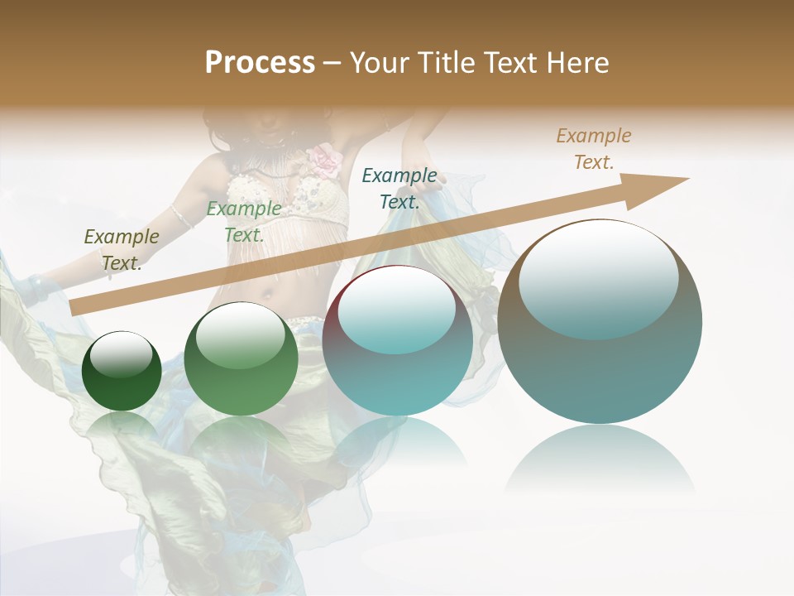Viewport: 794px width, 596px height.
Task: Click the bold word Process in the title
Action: (x=260, y=63)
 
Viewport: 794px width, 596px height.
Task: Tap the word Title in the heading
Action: (x=444, y=63)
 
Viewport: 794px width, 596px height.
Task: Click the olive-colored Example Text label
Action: (x=122, y=249)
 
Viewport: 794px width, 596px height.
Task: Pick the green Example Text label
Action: (x=243, y=222)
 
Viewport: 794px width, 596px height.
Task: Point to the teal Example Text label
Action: (x=399, y=188)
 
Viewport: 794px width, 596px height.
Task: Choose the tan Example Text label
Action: (x=593, y=148)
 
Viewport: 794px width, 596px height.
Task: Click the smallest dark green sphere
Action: (x=122, y=372)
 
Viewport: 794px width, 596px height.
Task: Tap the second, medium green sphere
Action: (x=240, y=359)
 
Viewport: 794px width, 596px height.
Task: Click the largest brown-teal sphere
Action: (x=600, y=321)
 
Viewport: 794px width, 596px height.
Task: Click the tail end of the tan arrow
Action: (x=76, y=307)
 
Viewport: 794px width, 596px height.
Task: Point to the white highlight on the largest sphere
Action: (x=598, y=277)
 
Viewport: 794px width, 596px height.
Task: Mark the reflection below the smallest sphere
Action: (x=122, y=427)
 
